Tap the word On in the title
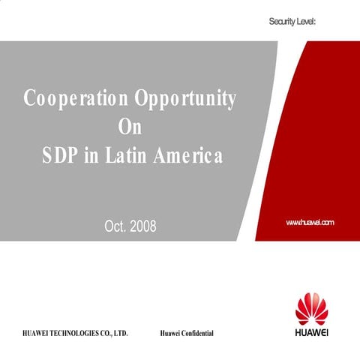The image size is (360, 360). (x=130, y=128)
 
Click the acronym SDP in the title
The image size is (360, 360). (x=60, y=157)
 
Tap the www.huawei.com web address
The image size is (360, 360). (x=310, y=223)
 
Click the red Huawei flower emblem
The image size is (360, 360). (x=310, y=307)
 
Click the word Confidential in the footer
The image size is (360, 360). (x=197, y=332)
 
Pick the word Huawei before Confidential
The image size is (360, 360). (x=170, y=332)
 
